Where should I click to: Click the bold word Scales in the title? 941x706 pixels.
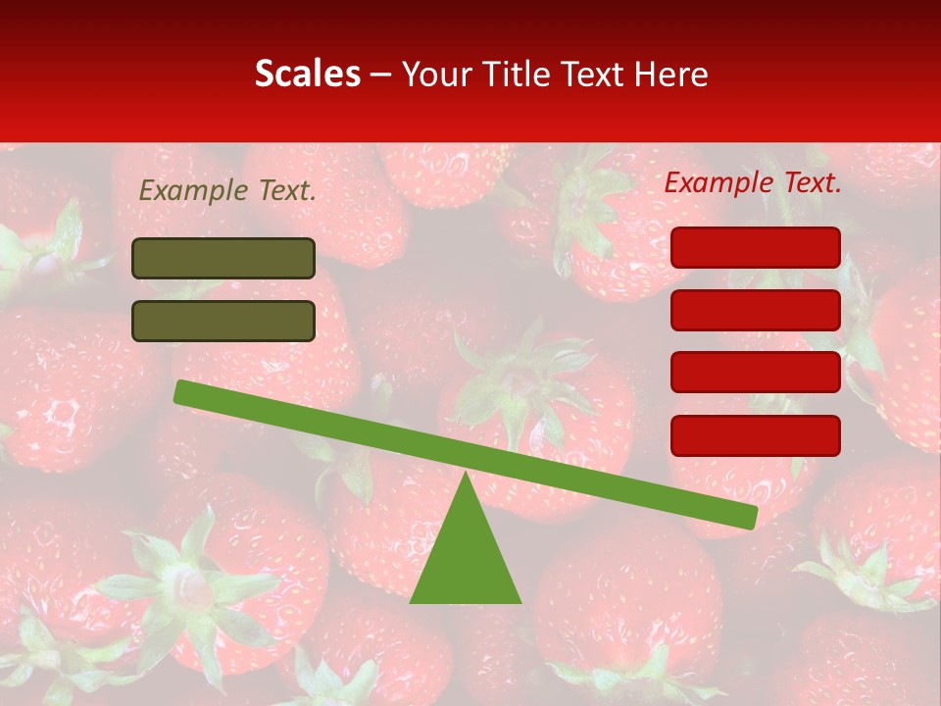point(307,74)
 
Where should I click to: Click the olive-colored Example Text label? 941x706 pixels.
point(227,190)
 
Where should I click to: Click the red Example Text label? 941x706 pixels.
point(753,182)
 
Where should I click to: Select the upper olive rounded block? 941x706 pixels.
point(223,258)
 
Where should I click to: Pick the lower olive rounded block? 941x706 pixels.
point(223,321)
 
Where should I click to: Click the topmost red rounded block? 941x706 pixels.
point(756,247)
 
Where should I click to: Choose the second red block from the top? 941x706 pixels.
point(756,310)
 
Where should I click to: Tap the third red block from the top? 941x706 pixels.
point(756,373)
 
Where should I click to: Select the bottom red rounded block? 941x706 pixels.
point(756,435)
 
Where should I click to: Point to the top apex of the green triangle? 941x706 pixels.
point(465,475)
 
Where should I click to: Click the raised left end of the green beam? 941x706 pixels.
point(181,392)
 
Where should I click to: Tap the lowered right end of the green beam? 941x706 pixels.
point(750,517)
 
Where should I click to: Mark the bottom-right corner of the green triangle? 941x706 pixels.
point(520,601)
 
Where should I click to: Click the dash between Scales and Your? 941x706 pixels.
point(381,75)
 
